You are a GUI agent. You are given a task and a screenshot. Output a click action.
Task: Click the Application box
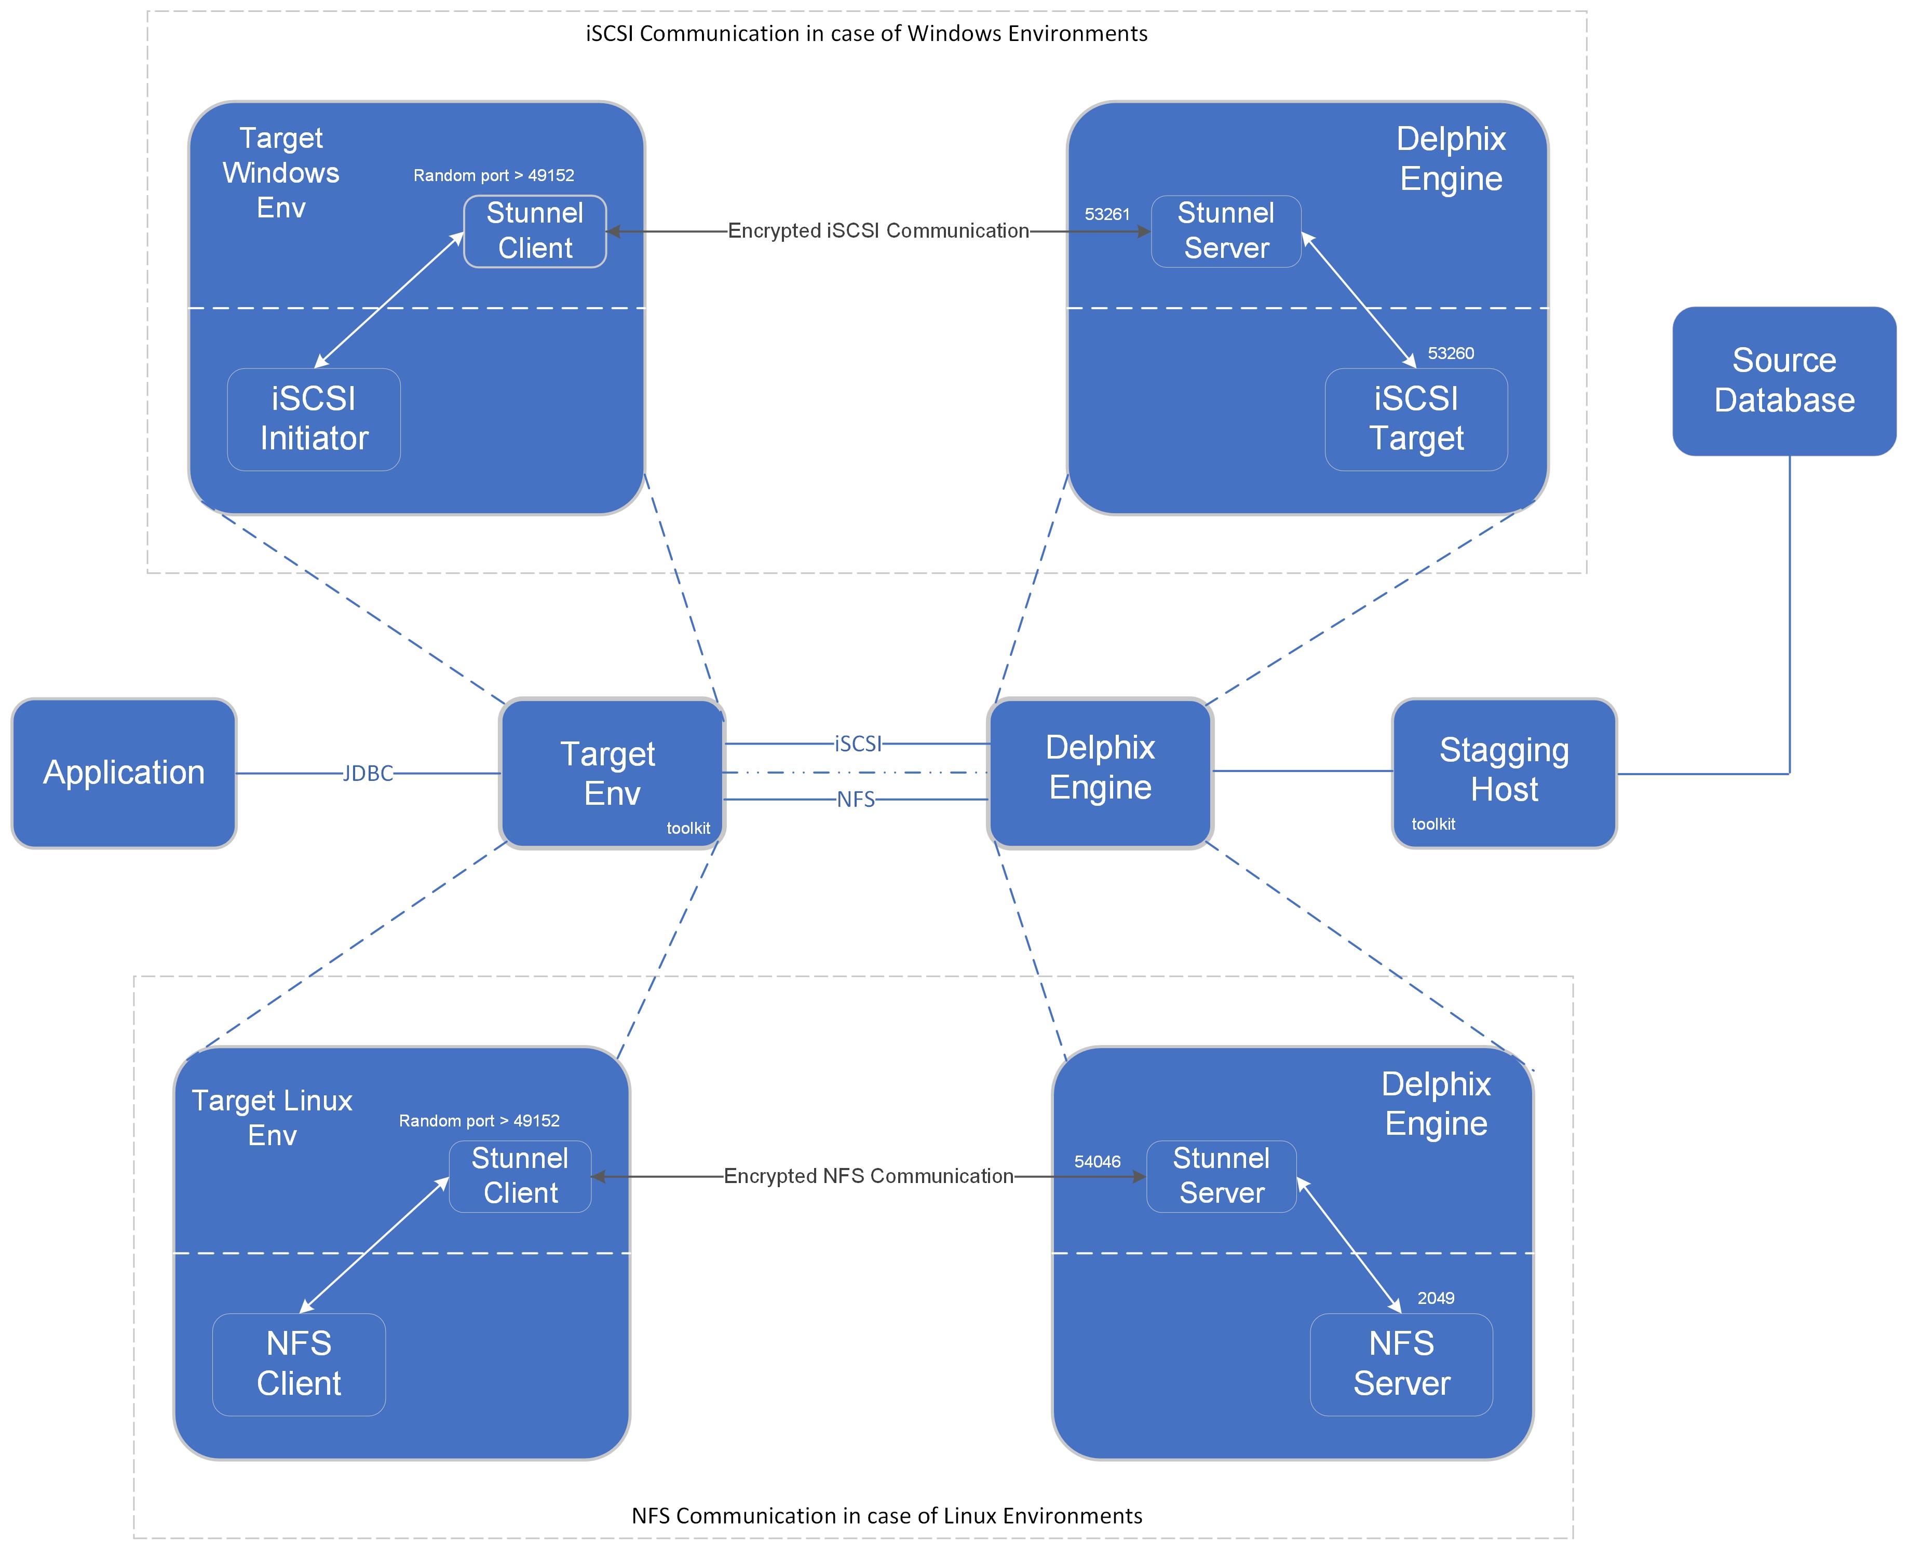[124, 773]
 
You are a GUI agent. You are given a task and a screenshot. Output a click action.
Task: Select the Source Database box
[1783, 381]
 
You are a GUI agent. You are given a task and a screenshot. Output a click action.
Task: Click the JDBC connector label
[368, 774]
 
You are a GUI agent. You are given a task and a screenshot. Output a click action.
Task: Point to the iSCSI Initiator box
[313, 419]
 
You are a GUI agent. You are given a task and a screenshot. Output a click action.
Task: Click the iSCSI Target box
[1416, 419]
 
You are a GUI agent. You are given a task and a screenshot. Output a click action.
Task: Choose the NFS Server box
[1401, 1363]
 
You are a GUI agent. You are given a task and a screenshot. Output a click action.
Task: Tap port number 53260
[1450, 353]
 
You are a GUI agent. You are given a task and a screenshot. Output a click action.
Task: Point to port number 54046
[1097, 1161]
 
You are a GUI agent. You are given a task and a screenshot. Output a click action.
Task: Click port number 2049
[1436, 1298]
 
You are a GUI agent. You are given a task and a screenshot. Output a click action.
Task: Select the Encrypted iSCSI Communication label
[878, 231]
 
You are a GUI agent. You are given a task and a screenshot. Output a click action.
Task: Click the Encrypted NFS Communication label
[868, 1175]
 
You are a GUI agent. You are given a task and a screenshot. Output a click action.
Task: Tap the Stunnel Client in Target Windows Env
[534, 231]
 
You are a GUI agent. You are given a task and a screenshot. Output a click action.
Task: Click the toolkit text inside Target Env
[688, 828]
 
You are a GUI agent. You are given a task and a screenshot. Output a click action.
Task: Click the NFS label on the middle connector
[856, 800]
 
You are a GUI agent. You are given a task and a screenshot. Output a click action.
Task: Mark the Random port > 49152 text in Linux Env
[479, 1121]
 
